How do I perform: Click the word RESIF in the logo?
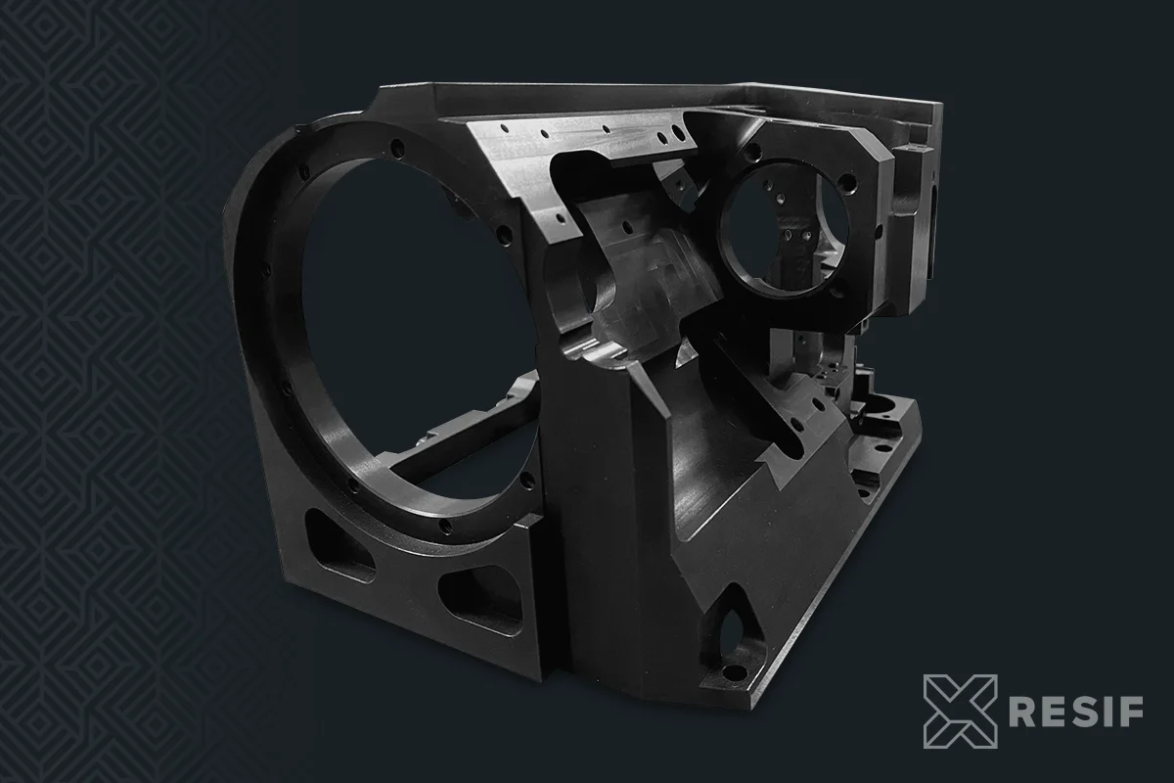click(x=1076, y=712)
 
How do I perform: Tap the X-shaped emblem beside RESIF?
click(x=960, y=712)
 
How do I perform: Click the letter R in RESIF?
click(x=1022, y=712)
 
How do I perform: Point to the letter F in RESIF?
click(x=1132, y=712)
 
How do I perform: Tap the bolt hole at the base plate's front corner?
click(x=734, y=672)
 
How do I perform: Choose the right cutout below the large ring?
click(x=479, y=599)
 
